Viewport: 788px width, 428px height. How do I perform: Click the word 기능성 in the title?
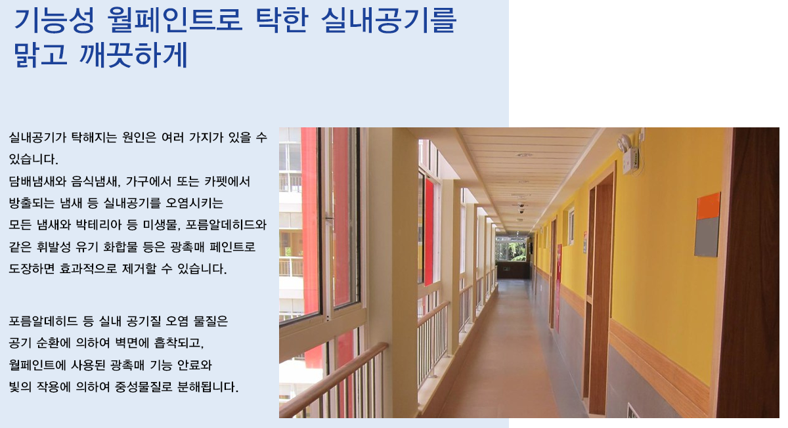click(x=55, y=20)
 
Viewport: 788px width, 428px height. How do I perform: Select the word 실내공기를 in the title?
click(x=389, y=20)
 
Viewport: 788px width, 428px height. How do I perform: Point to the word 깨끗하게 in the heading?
click(x=134, y=55)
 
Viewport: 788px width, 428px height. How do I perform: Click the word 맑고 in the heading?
click(x=41, y=55)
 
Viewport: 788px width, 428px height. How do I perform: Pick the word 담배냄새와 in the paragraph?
click(x=37, y=181)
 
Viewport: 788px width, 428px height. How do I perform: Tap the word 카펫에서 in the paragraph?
click(x=227, y=181)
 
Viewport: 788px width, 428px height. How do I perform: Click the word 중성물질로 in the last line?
click(x=144, y=387)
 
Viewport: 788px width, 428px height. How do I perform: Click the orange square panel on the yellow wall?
click(x=708, y=206)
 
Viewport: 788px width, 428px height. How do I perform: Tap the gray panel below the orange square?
click(x=707, y=237)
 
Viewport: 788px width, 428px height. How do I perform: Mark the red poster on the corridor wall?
click(x=559, y=288)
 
